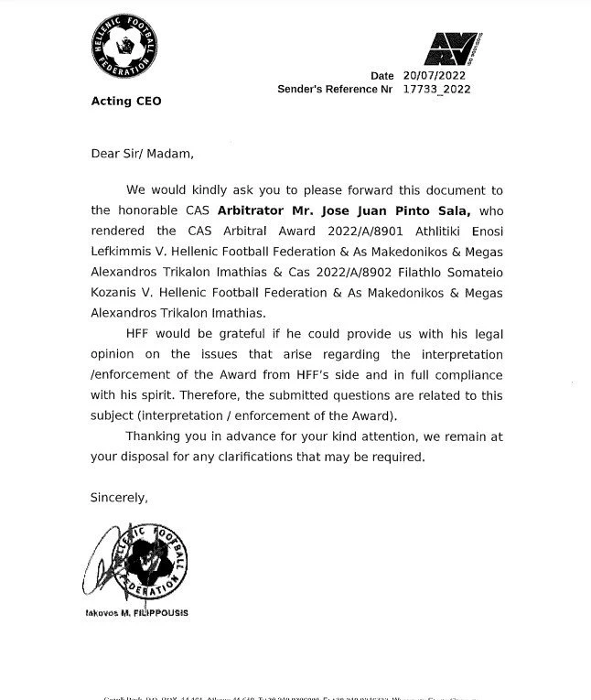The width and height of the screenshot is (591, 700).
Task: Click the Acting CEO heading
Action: (126, 101)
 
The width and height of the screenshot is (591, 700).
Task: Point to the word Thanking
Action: (155, 436)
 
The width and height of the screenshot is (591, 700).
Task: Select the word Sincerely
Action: (118, 497)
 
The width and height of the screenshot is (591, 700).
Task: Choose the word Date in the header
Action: (381, 76)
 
